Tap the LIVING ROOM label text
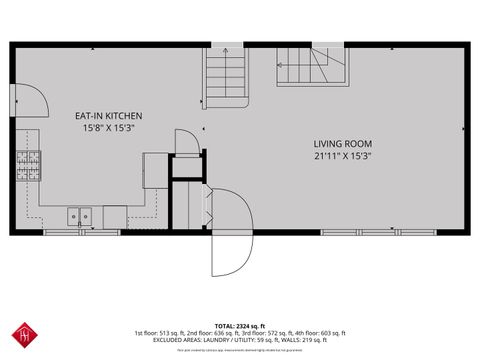342,144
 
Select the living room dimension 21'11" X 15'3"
342,156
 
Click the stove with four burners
26,164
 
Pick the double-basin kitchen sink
80,215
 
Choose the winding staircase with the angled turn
310,67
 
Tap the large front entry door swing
232,235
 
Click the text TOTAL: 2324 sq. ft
240,325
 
